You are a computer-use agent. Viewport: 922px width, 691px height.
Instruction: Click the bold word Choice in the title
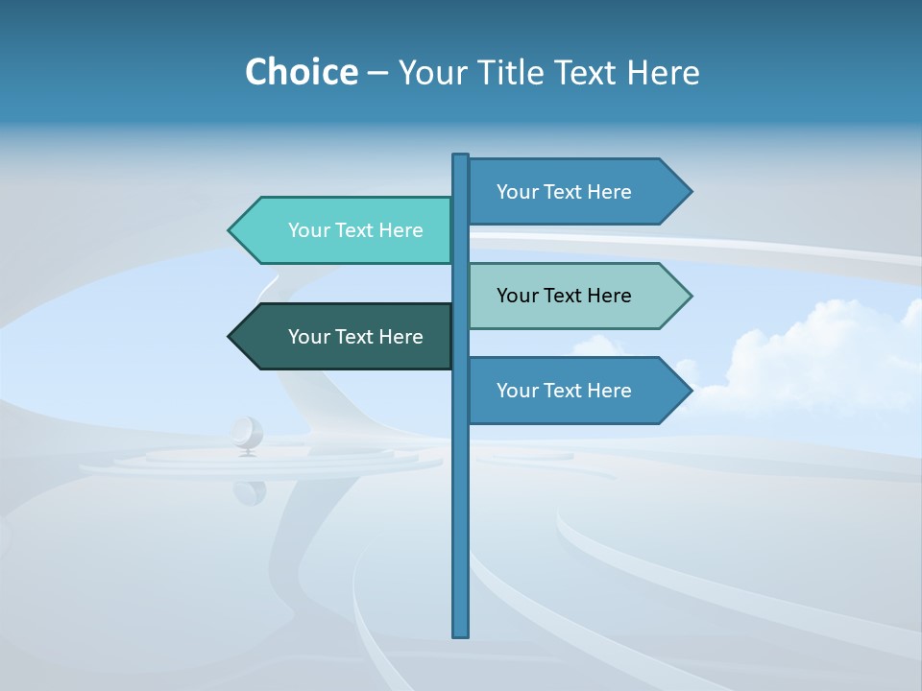point(301,72)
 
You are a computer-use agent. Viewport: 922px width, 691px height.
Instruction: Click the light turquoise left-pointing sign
point(346,230)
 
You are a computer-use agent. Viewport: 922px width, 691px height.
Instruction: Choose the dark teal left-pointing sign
point(346,337)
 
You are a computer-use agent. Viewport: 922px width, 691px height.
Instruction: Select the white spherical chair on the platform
point(247,434)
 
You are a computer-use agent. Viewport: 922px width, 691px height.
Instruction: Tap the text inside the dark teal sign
point(355,337)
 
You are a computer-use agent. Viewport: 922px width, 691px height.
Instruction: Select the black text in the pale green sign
point(564,296)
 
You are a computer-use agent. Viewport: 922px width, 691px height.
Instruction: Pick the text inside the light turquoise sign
point(355,230)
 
